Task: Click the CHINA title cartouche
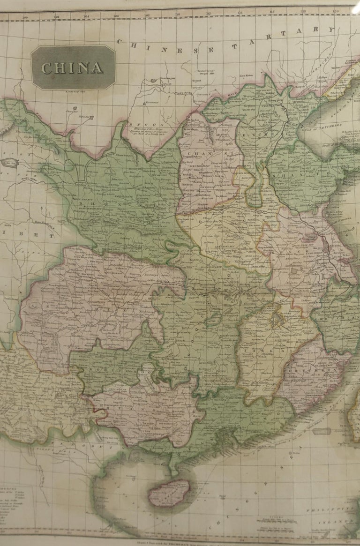point(73,67)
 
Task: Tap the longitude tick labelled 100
point(25,18)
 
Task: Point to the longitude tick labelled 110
point(177,14)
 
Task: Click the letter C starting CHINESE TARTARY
point(120,42)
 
